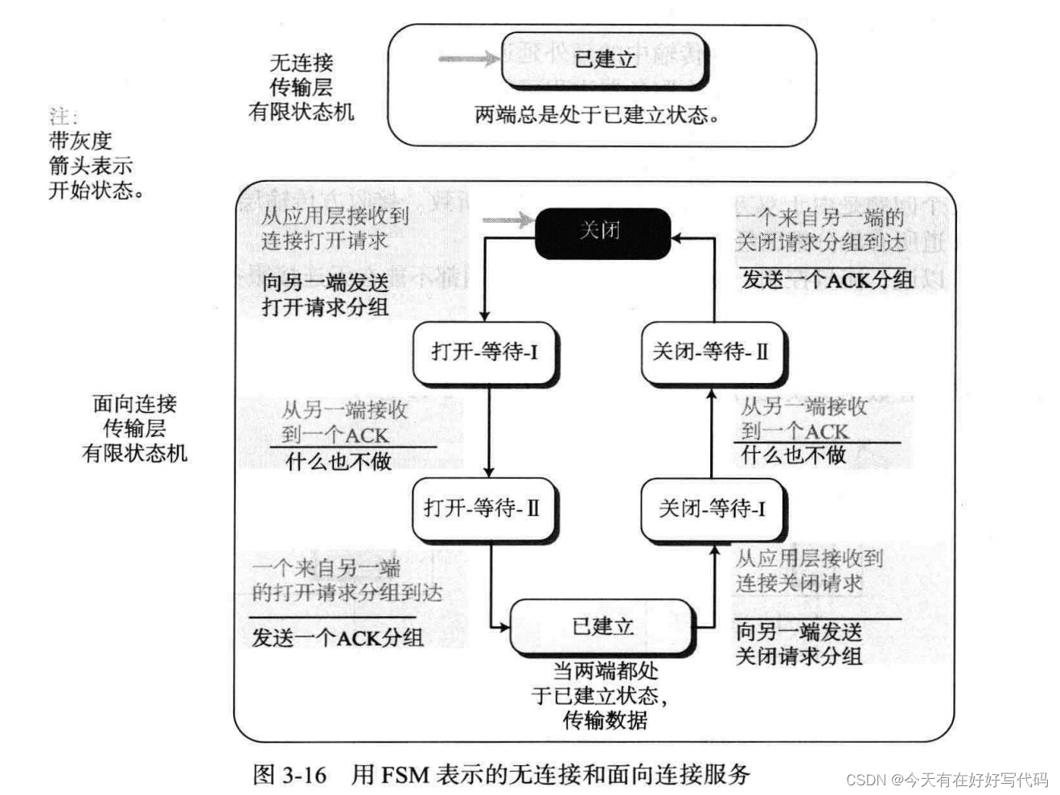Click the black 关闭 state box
click(602, 233)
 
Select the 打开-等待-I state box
click(484, 352)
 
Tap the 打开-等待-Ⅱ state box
click(483, 509)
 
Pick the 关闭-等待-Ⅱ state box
click(712, 352)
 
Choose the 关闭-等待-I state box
click(712, 509)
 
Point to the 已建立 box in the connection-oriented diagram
click(602, 626)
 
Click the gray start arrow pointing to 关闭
click(507, 220)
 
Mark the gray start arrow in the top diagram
click(468, 58)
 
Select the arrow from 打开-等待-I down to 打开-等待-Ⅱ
click(488, 430)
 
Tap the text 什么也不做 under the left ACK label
click(339, 462)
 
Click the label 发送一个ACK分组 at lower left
click(338, 638)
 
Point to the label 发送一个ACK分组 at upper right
click(827, 280)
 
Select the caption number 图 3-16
click(290, 775)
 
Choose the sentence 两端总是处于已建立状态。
click(597, 115)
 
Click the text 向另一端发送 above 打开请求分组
click(325, 282)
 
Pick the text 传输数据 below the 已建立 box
click(605, 720)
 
